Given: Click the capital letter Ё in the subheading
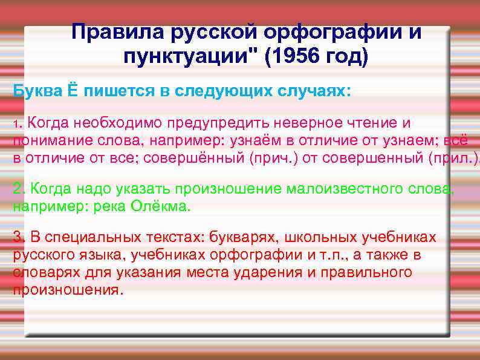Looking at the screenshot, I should click(72, 91).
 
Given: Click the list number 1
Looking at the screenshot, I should click(16, 124).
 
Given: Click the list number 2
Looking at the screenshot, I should click(18, 188).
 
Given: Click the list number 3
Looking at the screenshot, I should click(18, 237).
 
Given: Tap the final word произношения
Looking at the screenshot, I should click(66, 289).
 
